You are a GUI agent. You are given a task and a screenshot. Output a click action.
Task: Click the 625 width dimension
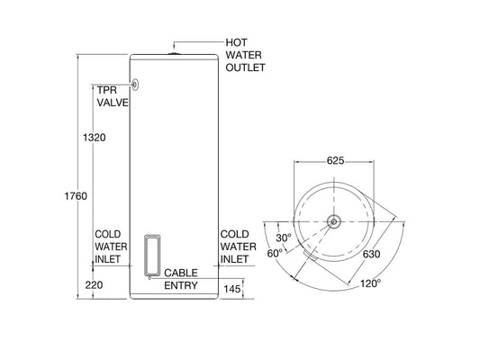tap(335, 161)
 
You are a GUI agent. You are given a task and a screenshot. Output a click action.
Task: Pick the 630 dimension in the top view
tap(370, 254)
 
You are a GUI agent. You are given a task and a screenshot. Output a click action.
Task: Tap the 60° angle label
tap(276, 255)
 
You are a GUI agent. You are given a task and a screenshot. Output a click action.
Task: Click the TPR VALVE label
tap(111, 96)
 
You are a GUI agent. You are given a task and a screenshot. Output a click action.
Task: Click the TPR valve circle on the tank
tap(137, 85)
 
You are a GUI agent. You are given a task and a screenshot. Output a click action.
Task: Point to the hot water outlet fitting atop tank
tap(175, 55)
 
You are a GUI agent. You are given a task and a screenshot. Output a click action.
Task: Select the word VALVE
tap(113, 103)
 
